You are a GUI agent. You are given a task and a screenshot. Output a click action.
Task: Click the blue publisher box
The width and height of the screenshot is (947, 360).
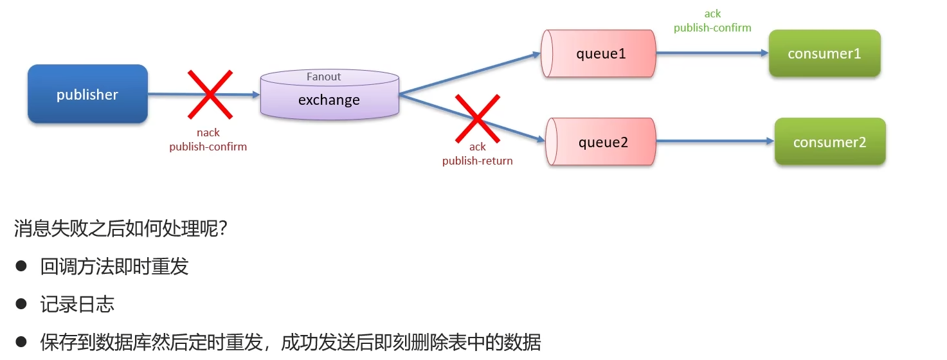(x=87, y=94)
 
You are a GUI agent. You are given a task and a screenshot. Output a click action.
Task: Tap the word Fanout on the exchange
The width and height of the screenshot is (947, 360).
(x=323, y=76)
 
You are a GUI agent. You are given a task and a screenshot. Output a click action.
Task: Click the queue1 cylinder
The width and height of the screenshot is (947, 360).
(x=599, y=54)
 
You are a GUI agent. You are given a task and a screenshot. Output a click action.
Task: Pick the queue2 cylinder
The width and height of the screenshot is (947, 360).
(x=601, y=142)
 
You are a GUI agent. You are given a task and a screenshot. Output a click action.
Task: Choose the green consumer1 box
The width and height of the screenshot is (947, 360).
(x=824, y=53)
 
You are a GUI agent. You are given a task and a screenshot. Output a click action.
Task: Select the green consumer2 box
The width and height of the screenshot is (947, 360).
(x=829, y=142)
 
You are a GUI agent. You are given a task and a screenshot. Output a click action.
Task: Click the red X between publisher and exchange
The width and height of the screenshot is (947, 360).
(x=209, y=94)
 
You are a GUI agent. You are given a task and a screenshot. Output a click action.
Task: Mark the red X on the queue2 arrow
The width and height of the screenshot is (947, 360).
(x=477, y=118)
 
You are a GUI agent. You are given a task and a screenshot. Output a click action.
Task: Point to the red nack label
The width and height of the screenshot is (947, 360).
(x=208, y=132)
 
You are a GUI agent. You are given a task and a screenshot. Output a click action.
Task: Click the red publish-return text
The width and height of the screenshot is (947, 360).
(x=477, y=161)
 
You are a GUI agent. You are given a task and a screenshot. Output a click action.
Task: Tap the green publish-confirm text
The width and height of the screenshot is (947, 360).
(x=712, y=28)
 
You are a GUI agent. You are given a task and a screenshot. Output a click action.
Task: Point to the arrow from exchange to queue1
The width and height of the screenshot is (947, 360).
(x=469, y=74)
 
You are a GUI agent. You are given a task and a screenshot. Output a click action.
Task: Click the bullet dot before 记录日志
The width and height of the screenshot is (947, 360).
(x=21, y=303)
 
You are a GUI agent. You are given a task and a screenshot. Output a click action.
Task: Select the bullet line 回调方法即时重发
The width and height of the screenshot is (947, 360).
(x=114, y=266)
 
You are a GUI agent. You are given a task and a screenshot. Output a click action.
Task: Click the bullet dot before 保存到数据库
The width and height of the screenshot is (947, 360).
(x=21, y=341)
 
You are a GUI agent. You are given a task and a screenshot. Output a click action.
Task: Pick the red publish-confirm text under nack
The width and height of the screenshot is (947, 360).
(x=208, y=147)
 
